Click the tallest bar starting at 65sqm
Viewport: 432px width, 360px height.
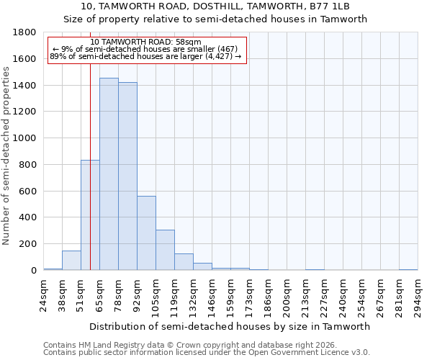(109, 174)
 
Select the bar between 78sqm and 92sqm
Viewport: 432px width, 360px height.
(127, 176)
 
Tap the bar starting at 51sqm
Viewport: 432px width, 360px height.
(90, 215)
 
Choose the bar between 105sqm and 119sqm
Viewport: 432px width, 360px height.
(165, 250)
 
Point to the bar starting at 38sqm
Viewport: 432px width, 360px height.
(71, 261)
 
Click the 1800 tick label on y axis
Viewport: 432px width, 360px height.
(25, 33)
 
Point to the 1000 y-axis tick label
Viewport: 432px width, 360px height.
(25, 138)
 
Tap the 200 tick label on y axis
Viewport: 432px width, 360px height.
(28, 244)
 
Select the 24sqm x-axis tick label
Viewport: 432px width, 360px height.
(44, 295)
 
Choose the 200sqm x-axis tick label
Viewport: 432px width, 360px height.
(287, 295)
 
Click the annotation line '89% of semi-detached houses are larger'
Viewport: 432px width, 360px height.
(146, 57)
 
